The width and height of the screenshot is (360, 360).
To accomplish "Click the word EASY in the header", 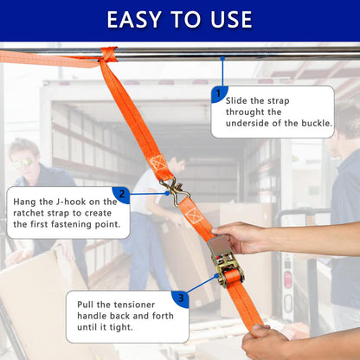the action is click(x=133, y=20).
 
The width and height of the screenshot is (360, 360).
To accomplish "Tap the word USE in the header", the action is click(x=231, y=20).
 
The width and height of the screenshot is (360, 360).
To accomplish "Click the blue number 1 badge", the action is click(x=219, y=93).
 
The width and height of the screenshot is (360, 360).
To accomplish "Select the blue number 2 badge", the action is click(x=121, y=195).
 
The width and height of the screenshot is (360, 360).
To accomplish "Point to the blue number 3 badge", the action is click(x=181, y=299).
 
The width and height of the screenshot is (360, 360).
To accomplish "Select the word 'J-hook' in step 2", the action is click(x=71, y=202).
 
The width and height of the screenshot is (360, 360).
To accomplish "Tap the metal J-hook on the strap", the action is click(x=174, y=190).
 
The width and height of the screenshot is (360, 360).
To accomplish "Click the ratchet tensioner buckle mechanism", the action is click(x=226, y=260).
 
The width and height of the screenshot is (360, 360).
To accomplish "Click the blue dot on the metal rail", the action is click(x=222, y=58).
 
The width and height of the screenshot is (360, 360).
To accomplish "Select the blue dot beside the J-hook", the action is click(x=167, y=194).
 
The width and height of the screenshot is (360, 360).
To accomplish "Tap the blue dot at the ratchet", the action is click(x=216, y=276).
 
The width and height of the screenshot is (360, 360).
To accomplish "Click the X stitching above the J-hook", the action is click(x=158, y=163).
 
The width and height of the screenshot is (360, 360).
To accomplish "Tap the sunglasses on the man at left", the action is click(x=24, y=163).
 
